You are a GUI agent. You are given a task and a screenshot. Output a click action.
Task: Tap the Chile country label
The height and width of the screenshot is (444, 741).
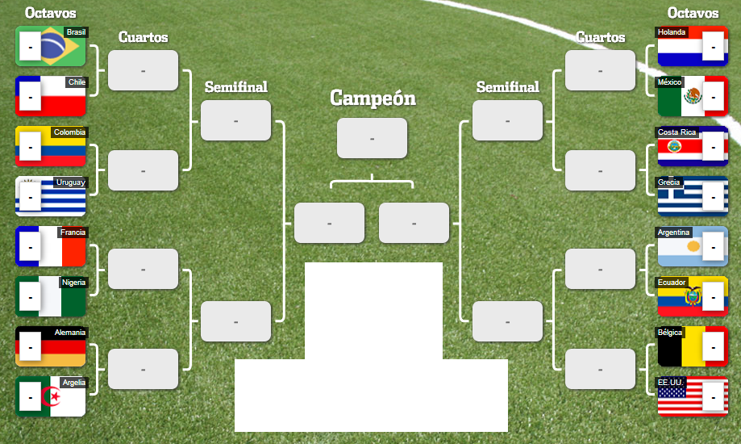click(x=77, y=82)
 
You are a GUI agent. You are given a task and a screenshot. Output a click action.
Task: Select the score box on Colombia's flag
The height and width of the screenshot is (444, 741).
click(x=30, y=148)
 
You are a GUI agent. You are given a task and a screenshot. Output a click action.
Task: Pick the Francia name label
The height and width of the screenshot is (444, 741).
click(x=73, y=232)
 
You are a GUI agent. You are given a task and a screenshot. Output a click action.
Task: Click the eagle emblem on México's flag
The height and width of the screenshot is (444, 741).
click(x=693, y=98)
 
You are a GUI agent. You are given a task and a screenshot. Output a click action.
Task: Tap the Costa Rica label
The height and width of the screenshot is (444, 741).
click(x=677, y=132)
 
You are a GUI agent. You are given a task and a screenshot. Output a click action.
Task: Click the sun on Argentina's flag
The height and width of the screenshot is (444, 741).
click(x=693, y=245)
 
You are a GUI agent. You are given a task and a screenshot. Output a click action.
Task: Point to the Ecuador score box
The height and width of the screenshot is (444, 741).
click(x=713, y=296)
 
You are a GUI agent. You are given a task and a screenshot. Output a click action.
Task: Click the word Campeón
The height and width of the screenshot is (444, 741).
click(x=373, y=98)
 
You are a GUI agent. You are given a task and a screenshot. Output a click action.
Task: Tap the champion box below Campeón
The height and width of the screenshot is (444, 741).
click(x=372, y=138)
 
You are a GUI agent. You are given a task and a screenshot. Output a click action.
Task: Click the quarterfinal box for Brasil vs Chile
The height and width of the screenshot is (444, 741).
click(x=143, y=70)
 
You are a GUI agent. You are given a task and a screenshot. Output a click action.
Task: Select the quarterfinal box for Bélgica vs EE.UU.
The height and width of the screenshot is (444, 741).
click(x=600, y=369)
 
